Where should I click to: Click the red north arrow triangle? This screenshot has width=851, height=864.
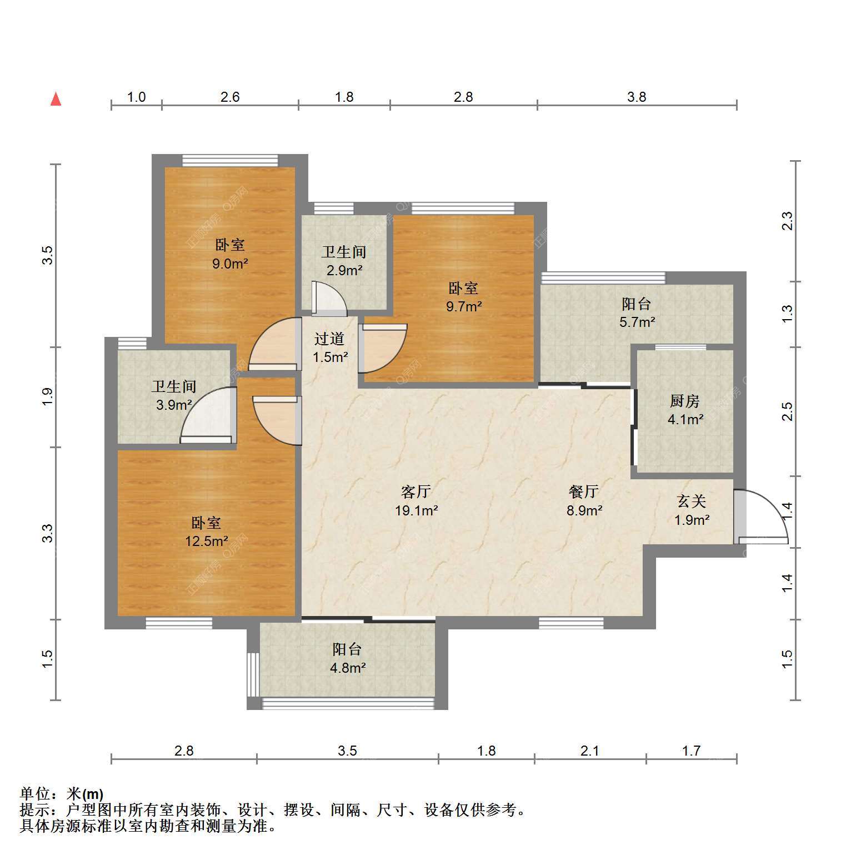tap(56, 99)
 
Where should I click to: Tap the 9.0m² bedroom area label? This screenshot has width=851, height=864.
tap(230, 264)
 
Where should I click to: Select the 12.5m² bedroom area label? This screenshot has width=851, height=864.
tap(207, 541)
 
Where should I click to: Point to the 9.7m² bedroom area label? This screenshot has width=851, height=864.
tap(464, 306)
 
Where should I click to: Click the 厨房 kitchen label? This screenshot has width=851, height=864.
tap(685, 401)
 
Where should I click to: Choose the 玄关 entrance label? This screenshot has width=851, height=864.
tap(692, 501)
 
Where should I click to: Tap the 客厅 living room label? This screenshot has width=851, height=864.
tap(416, 491)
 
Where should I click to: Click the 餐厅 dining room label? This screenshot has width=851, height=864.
tap(584, 491)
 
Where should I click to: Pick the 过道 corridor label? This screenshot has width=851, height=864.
tap(329, 339)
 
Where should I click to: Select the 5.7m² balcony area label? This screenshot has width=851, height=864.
tap(637, 322)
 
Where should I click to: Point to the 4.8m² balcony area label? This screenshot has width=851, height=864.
tap(348, 668)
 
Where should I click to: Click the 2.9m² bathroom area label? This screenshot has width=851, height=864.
tap(344, 271)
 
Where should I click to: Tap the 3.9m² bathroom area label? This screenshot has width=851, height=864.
tap(174, 405)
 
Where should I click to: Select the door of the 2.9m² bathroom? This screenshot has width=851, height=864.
tap(329, 299)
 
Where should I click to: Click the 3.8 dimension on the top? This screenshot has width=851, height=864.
tap(637, 97)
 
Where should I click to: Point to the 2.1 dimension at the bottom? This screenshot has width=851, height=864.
tap(590, 751)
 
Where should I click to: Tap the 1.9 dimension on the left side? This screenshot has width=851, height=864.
tap(48, 397)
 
